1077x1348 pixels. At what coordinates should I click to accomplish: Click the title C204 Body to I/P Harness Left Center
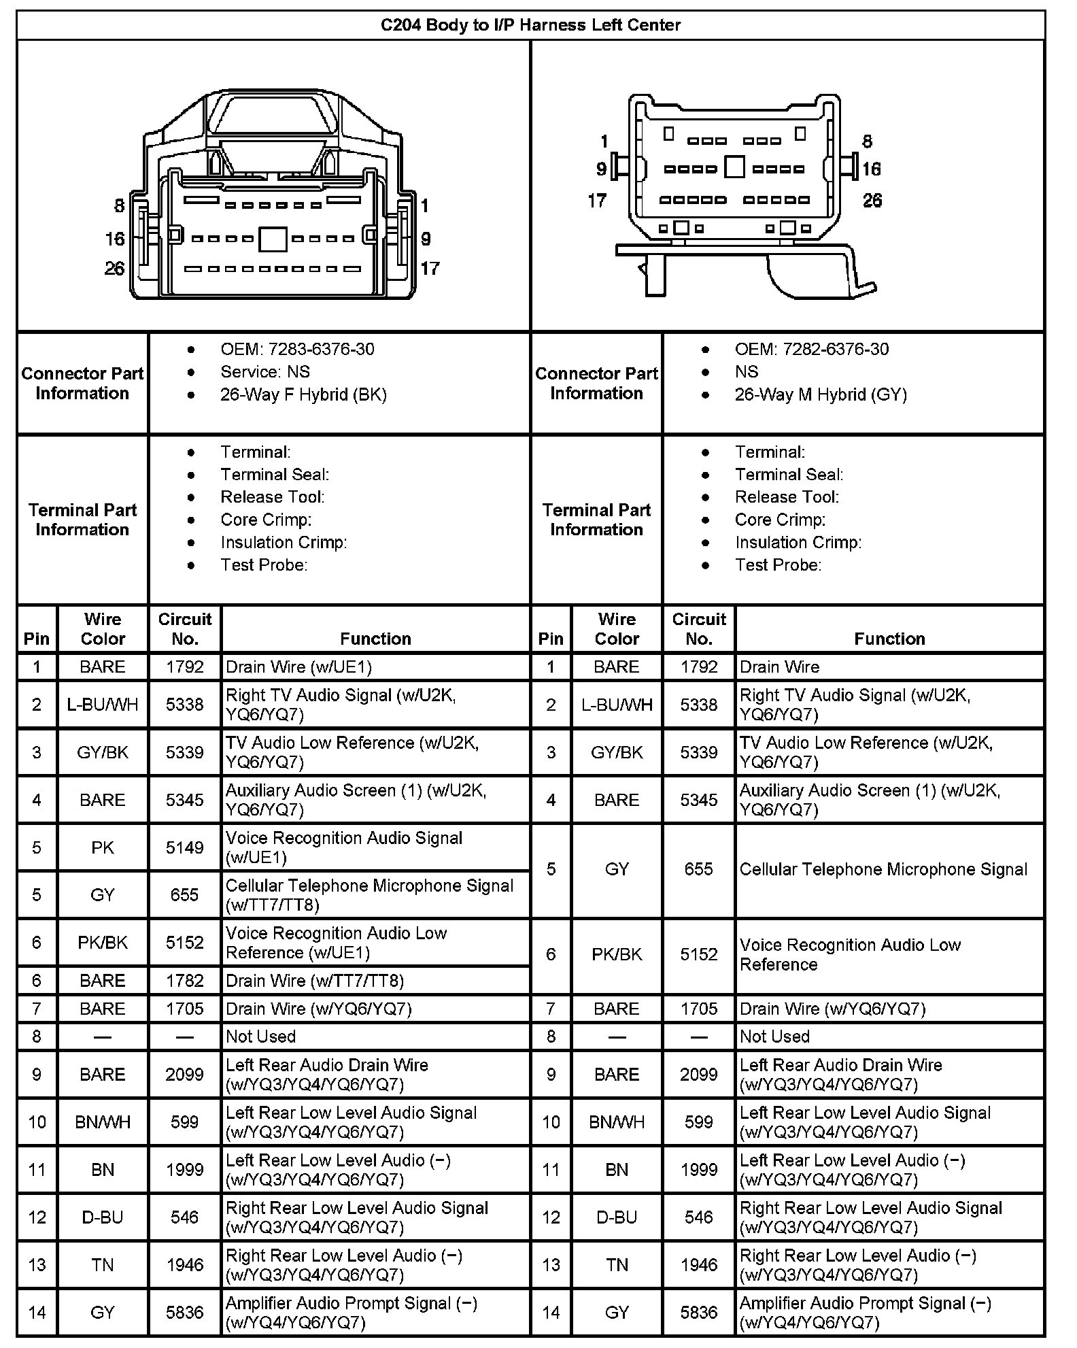click(x=530, y=25)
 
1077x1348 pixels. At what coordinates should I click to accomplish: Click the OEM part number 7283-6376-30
click(x=321, y=349)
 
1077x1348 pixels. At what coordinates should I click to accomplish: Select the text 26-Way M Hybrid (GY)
click(x=821, y=394)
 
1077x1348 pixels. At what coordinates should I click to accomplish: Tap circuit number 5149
click(x=185, y=847)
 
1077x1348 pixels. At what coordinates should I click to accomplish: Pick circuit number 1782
click(x=185, y=981)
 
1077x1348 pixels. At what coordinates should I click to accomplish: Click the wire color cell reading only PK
click(x=103, y=847)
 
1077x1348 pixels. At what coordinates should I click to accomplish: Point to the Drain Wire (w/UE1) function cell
click(x=299, y=667)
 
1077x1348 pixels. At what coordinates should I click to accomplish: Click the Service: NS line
click(x=265, y=372)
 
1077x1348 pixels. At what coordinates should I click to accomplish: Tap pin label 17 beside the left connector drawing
click(x=430, y=269)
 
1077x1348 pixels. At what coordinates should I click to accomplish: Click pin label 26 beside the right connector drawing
click(x=872, y=201)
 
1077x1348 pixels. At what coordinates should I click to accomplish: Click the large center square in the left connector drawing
click(x=273, y=239)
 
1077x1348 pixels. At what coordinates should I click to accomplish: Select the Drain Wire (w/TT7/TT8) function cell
click(x=315, y=981)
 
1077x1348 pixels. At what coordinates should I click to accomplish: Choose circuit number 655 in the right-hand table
click(x=699, y=869)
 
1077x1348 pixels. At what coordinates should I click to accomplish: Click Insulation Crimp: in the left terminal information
click(x=284, y=542)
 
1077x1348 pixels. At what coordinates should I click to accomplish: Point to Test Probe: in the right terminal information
click(x=778, y=565)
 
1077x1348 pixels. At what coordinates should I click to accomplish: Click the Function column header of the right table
click(x=889, y=639)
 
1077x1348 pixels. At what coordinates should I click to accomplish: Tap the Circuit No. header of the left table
click(x=185, y=629)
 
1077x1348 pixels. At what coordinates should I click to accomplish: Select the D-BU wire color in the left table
click(x=103, y=1217)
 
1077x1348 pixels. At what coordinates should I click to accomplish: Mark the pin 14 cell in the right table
click(x=551, y=1313)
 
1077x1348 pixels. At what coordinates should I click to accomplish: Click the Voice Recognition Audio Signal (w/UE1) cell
click(x=344, y=847)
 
